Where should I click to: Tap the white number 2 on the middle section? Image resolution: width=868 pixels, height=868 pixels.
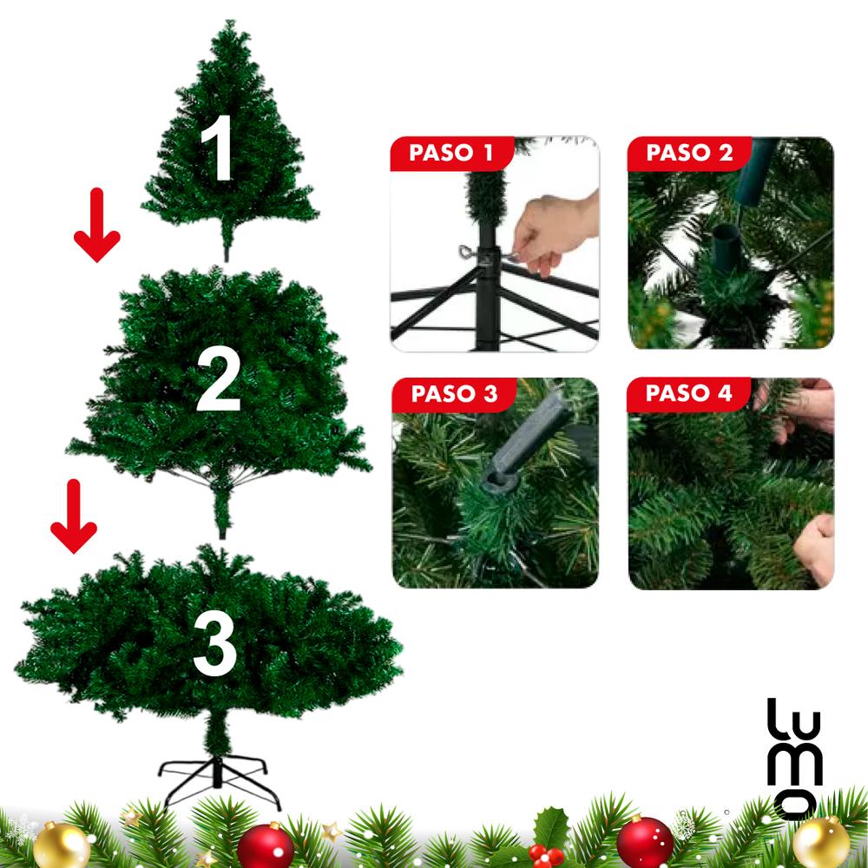point(218,382)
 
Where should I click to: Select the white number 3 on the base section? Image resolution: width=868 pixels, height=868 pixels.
point(214,645)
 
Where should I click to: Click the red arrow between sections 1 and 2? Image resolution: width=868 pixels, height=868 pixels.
point(96,226)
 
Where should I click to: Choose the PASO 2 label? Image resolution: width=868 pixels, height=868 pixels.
point(689,154)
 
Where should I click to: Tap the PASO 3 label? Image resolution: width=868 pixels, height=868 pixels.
point(454,393)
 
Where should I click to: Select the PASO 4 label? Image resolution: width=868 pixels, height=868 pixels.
point(689,393)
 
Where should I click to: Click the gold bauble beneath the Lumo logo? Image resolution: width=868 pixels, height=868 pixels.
point(820,842)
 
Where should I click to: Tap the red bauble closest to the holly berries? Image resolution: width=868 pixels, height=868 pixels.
point(644,842)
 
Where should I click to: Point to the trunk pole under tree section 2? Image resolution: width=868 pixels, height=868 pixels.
point(223,512)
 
